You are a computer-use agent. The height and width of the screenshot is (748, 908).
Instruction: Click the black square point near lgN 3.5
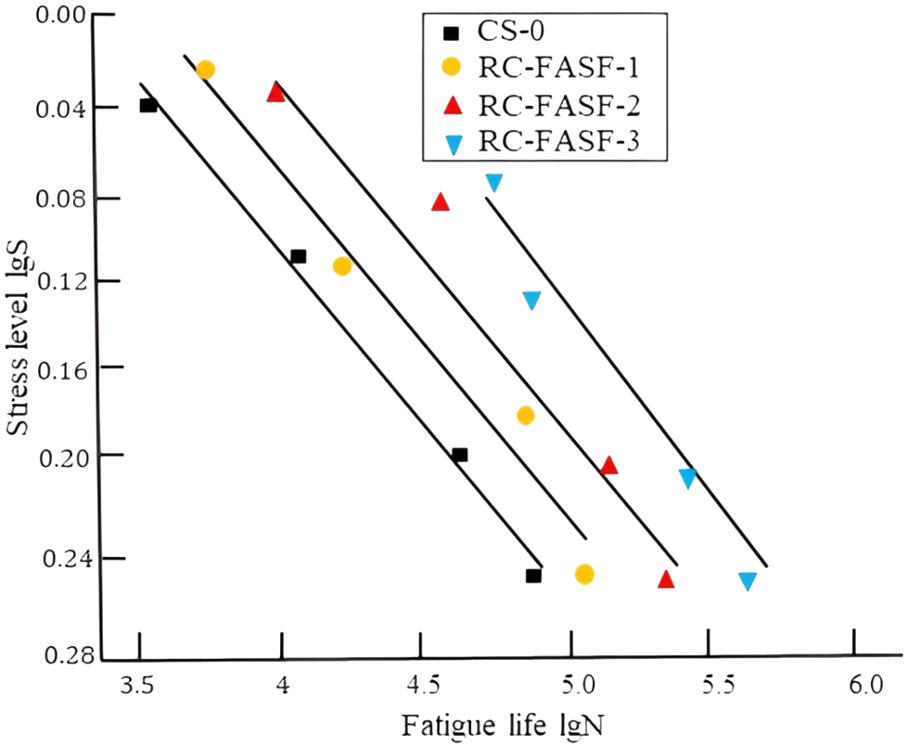pyautogui.click(x=148, y=105)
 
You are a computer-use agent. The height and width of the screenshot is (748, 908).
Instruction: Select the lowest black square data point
pyautogui.click(x=533, y=575)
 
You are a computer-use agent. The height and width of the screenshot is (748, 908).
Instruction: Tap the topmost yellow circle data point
pyautogui.click(x=206, y=70)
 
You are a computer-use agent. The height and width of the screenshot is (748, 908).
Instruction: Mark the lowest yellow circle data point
pyautogui.click(x=583, y=574)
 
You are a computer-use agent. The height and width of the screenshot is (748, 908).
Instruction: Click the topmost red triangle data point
pyautogui.click(x=275, y=92)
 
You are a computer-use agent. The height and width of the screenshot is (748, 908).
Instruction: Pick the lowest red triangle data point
pyautogui.click(x=666, y=579)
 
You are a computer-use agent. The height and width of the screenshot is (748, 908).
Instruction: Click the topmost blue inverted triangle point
pyautogui.click(x=494, y=182)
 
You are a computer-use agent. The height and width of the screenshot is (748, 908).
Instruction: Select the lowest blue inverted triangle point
pyautogui.click(x=748, y=581)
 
